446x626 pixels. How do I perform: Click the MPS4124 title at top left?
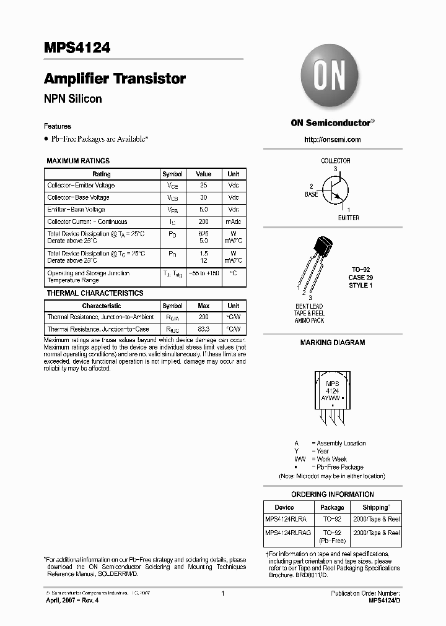coord(77,48)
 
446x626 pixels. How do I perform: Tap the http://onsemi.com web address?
coord(332,140)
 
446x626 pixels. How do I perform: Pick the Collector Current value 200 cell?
coord(203,221)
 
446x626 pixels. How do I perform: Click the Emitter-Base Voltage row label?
coord(76,210)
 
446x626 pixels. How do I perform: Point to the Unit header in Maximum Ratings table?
coord(233,174)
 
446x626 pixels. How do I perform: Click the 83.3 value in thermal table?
coord(203,329)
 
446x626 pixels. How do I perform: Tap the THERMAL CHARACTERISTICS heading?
coord(95,293)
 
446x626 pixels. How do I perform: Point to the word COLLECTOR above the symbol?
coord(335,161)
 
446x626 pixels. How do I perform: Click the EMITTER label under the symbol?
coord(348,218)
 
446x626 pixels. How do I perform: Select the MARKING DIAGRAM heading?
coord(332,343)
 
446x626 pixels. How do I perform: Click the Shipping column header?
coord(375,507)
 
